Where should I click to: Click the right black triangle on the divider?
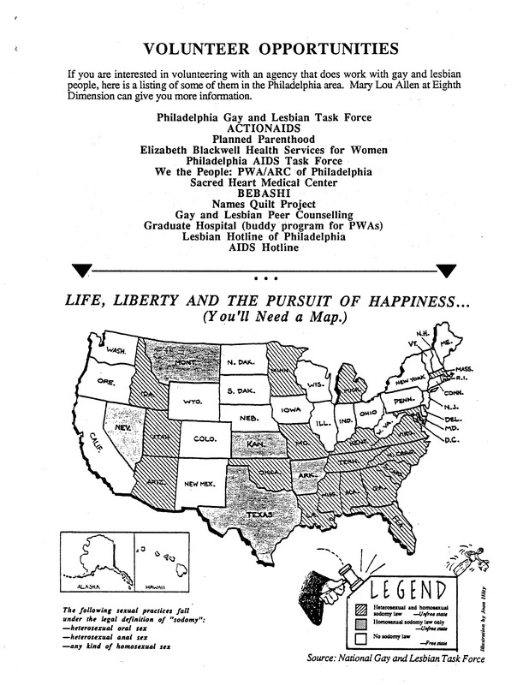tap(448, 271)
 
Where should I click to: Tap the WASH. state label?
tap(117, 350)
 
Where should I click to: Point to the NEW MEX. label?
tap(199, 485)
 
